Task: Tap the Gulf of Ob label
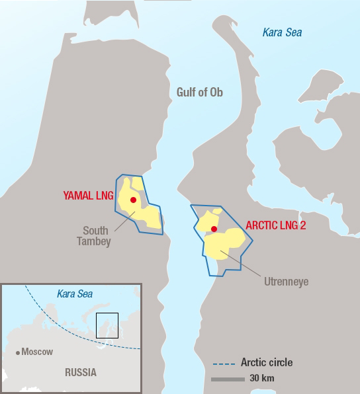point(200,93)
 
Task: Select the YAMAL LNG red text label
point(89,196)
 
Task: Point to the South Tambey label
point(97,236)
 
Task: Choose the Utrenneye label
point(286,282)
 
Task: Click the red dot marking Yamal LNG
point(133,200)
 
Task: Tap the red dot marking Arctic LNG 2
point(214,229)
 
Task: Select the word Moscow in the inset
point(37,352)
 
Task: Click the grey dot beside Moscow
point(18,352)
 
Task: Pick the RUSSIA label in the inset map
point(80,372)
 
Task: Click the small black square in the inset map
point(107,324)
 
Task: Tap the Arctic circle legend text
point(267,363)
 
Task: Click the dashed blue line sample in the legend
point(224,364)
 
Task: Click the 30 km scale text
point(262,379)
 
